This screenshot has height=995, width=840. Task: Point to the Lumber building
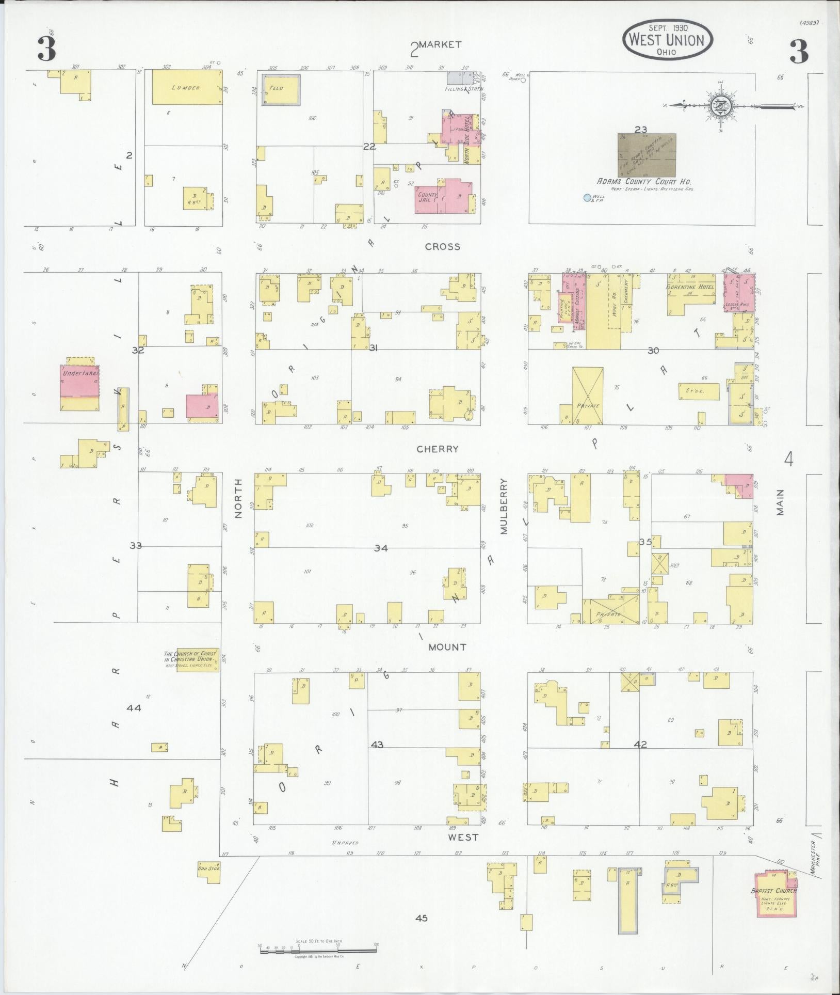pos(186,87)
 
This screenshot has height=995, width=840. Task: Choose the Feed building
pos(281,89)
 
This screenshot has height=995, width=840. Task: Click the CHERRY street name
pos(438,449)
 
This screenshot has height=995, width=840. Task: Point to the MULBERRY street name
pos(504,506)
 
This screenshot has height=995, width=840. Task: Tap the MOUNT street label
pos(447,647)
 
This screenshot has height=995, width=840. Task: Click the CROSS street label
pos(442,247)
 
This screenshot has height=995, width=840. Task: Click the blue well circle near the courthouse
pos(587,197)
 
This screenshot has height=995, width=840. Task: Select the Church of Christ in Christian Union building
pos(197,659)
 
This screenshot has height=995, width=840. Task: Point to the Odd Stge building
pos(208,869)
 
